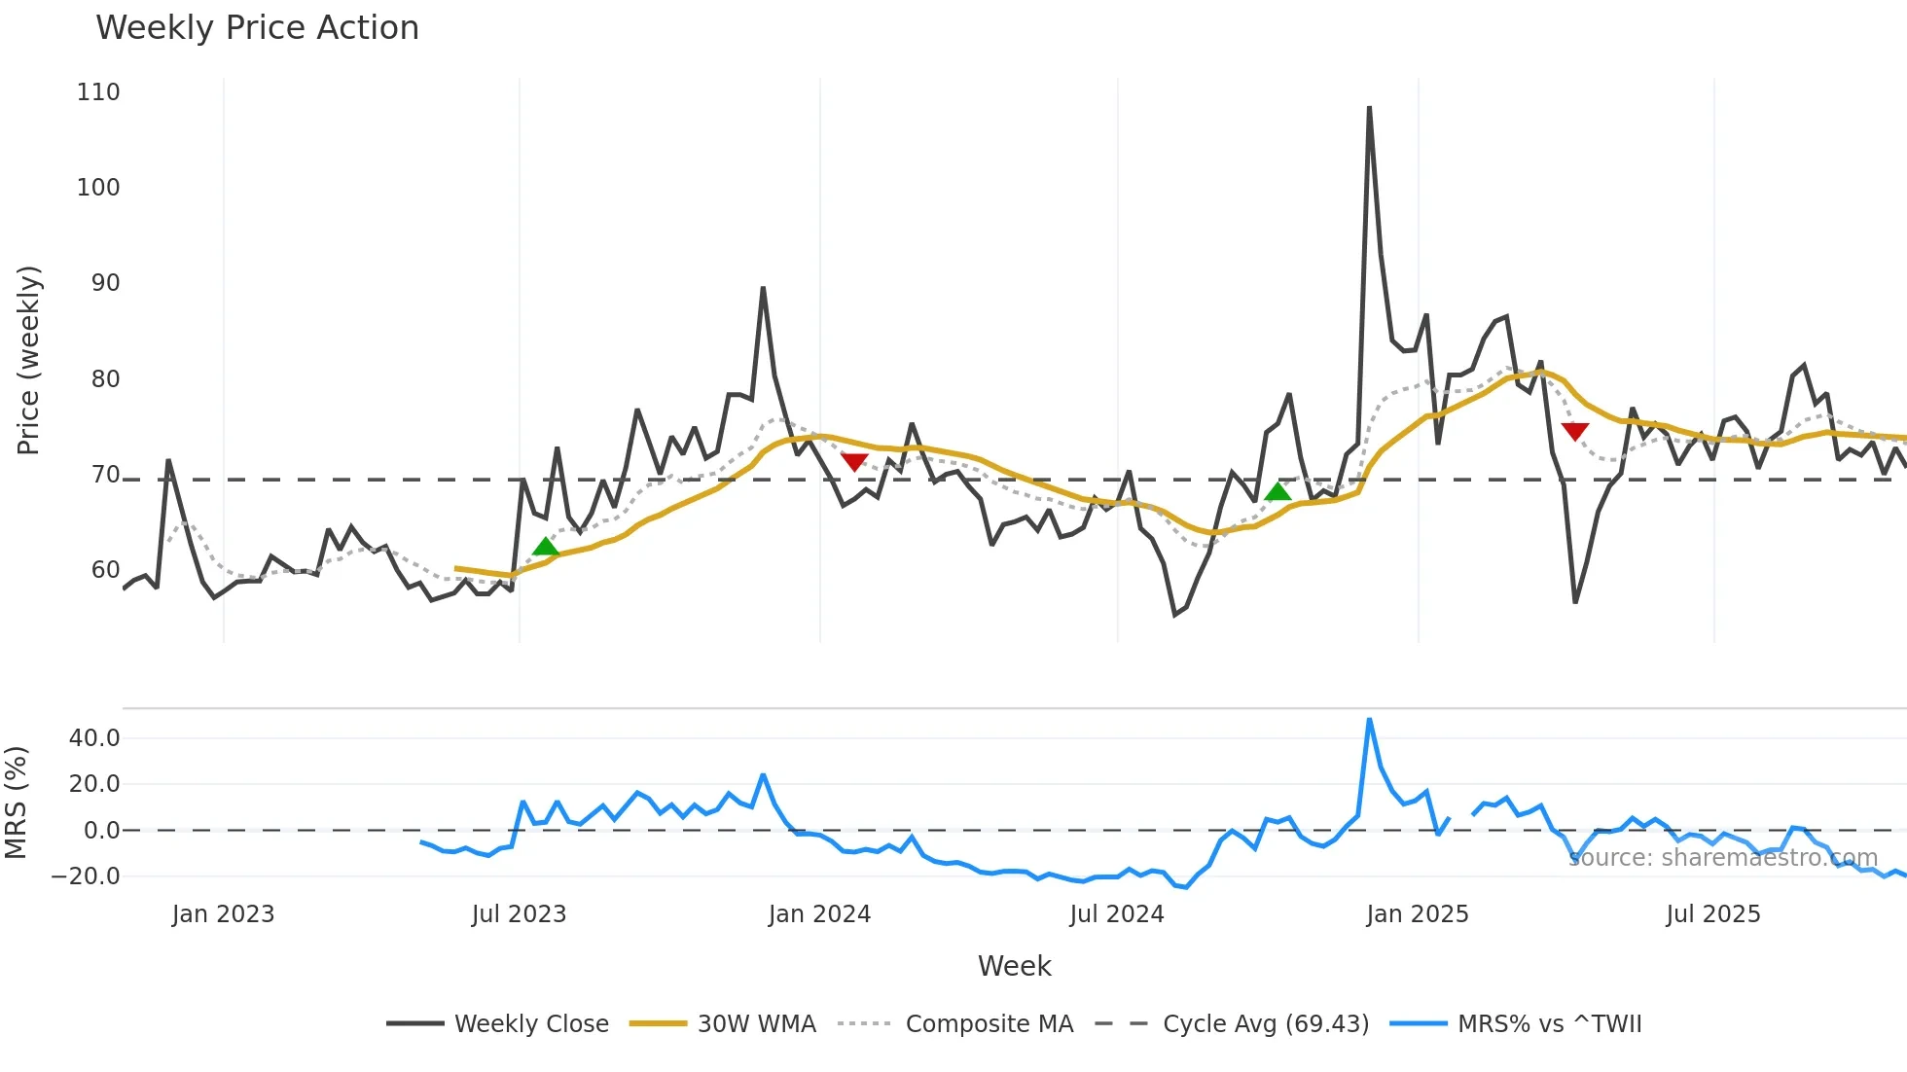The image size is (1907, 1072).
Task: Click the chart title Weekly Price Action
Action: (x=257, y=28)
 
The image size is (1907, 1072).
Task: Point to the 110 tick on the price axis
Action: (x=98, y=92)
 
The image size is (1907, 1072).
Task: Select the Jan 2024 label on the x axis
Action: (x=819, y=914)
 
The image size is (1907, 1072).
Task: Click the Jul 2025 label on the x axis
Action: (x=1712, y=914)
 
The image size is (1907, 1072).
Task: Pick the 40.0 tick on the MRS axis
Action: (x=94, y=738)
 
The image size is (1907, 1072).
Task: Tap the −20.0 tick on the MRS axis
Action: (x=86, y=876)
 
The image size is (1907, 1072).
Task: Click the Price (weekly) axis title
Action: (x=28, y=360)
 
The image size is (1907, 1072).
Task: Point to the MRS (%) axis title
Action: (x=16, y=803)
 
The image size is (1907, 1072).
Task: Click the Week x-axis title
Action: (x=1014, y=966)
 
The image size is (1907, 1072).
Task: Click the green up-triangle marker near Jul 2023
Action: (x=546, y=547)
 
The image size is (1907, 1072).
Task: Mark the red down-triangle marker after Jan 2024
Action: (x=854, y=462)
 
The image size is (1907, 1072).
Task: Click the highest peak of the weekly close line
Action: (x=1369, y=107)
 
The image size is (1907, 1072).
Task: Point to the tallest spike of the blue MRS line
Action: (x=1369, y=720)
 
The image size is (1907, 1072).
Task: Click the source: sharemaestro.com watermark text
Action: (x=1722, y=858)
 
